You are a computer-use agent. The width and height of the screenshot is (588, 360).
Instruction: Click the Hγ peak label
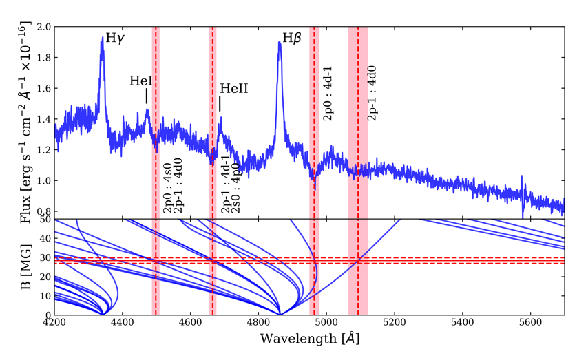click(x=115, y=39)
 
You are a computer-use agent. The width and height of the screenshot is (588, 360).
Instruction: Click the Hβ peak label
click(x=292, y=39)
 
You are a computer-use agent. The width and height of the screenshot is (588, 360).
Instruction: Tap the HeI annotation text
click(x=141, y=81)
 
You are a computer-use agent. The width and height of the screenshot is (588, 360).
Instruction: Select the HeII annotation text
click(x=233, y=89)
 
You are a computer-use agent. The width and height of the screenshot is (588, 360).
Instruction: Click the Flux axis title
click(x=25, y=124)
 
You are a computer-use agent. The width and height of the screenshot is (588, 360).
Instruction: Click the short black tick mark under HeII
click(x=220, y=103)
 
